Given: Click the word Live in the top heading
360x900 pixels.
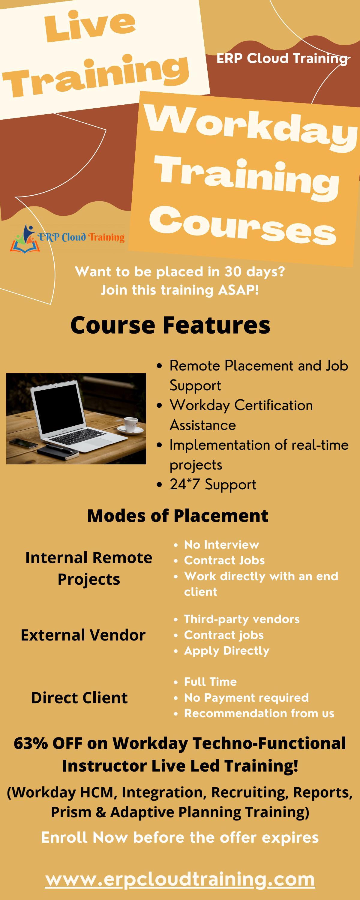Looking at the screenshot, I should coord(90,26).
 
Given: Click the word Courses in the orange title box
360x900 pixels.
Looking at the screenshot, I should coord(243,225).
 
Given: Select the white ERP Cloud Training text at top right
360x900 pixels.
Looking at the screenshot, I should coord(282,58).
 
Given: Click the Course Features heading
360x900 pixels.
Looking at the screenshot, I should coord(170,325).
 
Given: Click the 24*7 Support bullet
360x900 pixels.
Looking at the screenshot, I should coord(213,484).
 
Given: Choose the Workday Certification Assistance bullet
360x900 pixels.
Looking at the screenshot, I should coord(241,415).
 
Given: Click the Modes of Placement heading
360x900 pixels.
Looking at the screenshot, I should coord(178,515).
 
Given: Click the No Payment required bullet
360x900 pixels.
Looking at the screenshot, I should coord(246,697).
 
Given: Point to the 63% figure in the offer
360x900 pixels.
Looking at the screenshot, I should coord(31,743).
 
